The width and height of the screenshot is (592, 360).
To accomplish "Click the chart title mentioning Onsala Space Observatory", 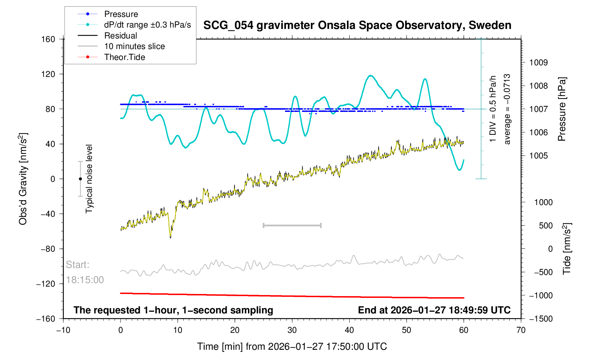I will point(357,25).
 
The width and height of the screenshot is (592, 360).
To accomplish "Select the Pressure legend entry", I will point(121,14).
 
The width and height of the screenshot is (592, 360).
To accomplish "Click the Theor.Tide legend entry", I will point(124,57).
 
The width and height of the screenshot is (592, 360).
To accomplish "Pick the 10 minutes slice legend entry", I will point(134,46).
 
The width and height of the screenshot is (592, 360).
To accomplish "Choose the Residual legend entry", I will point(120,36).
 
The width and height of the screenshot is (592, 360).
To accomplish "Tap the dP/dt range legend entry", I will point(147,25).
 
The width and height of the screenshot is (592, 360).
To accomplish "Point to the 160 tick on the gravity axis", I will point(48,39).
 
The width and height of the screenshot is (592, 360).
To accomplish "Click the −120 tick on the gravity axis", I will point(46,284).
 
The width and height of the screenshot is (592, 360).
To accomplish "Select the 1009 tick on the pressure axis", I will point(538,63).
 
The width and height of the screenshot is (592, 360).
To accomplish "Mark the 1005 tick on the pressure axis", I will point(538,156).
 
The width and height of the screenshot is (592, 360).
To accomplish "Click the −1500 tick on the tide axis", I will point(540,319).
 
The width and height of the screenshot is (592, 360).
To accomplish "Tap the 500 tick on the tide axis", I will point(546,226).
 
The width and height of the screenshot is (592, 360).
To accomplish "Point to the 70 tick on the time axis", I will point(521,330).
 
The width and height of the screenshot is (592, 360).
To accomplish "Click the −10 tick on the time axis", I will point(63,330).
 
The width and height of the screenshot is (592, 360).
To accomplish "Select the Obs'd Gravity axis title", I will point(23,179).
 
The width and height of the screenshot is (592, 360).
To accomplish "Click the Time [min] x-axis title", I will point(292,347).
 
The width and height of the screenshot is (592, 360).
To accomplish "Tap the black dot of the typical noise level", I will point(80,179).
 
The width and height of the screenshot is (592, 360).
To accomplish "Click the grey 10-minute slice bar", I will point(292,226).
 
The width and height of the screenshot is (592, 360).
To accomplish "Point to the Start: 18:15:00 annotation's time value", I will point(85,280).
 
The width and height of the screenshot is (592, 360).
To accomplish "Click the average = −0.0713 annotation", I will point(507,109).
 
